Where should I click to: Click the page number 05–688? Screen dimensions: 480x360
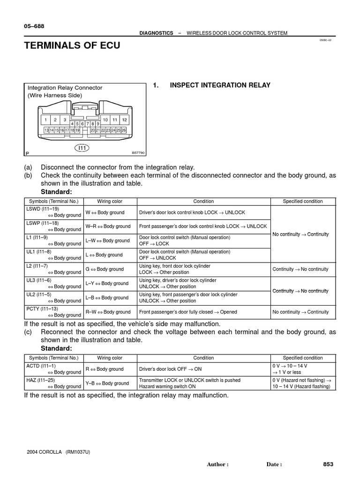point(34,27)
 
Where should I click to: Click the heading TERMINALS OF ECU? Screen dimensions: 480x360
point(72,45)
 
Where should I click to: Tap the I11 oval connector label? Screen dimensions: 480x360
point(82,148)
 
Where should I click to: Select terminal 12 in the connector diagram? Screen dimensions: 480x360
point(124,120)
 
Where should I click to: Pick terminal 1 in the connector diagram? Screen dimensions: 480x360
point(46,120)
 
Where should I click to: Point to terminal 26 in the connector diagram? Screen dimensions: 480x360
point(124,130)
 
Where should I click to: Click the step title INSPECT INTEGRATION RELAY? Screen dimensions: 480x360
point(220,85)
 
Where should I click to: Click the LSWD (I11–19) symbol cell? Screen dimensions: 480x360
point(53,212)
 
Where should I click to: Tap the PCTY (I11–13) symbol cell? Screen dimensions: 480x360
point(53,312)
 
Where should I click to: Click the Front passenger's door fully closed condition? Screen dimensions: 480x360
point(188,312)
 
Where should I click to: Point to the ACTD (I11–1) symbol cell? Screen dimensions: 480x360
point(53,369)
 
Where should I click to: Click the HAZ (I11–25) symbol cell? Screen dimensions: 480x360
point(53,383)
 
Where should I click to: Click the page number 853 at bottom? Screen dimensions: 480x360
point(328,464)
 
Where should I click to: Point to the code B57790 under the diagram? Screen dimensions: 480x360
point(138,153)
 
